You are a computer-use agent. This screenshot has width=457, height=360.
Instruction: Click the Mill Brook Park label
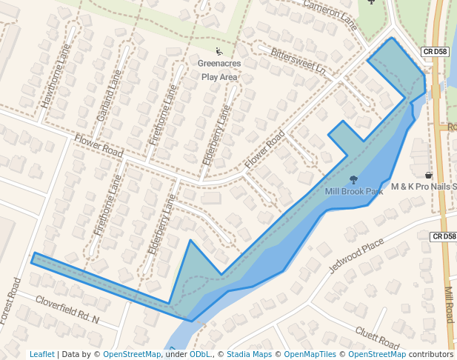(x=354, y=191)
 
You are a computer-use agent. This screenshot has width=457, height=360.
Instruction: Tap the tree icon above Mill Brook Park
(x=353, y=179)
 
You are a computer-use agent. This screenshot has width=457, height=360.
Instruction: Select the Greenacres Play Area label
(x=219, y=70)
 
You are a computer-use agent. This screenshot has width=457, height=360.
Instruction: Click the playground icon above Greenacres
(x=219, y=52)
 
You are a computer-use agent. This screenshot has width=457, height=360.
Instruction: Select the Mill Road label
(x=449, y=304)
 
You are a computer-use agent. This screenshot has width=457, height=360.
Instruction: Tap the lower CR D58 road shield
(x=442, y=236)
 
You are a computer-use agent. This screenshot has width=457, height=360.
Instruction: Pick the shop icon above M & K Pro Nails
(x=428, y=175)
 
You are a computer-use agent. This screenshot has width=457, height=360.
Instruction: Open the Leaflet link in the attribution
(x=41, y=354)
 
